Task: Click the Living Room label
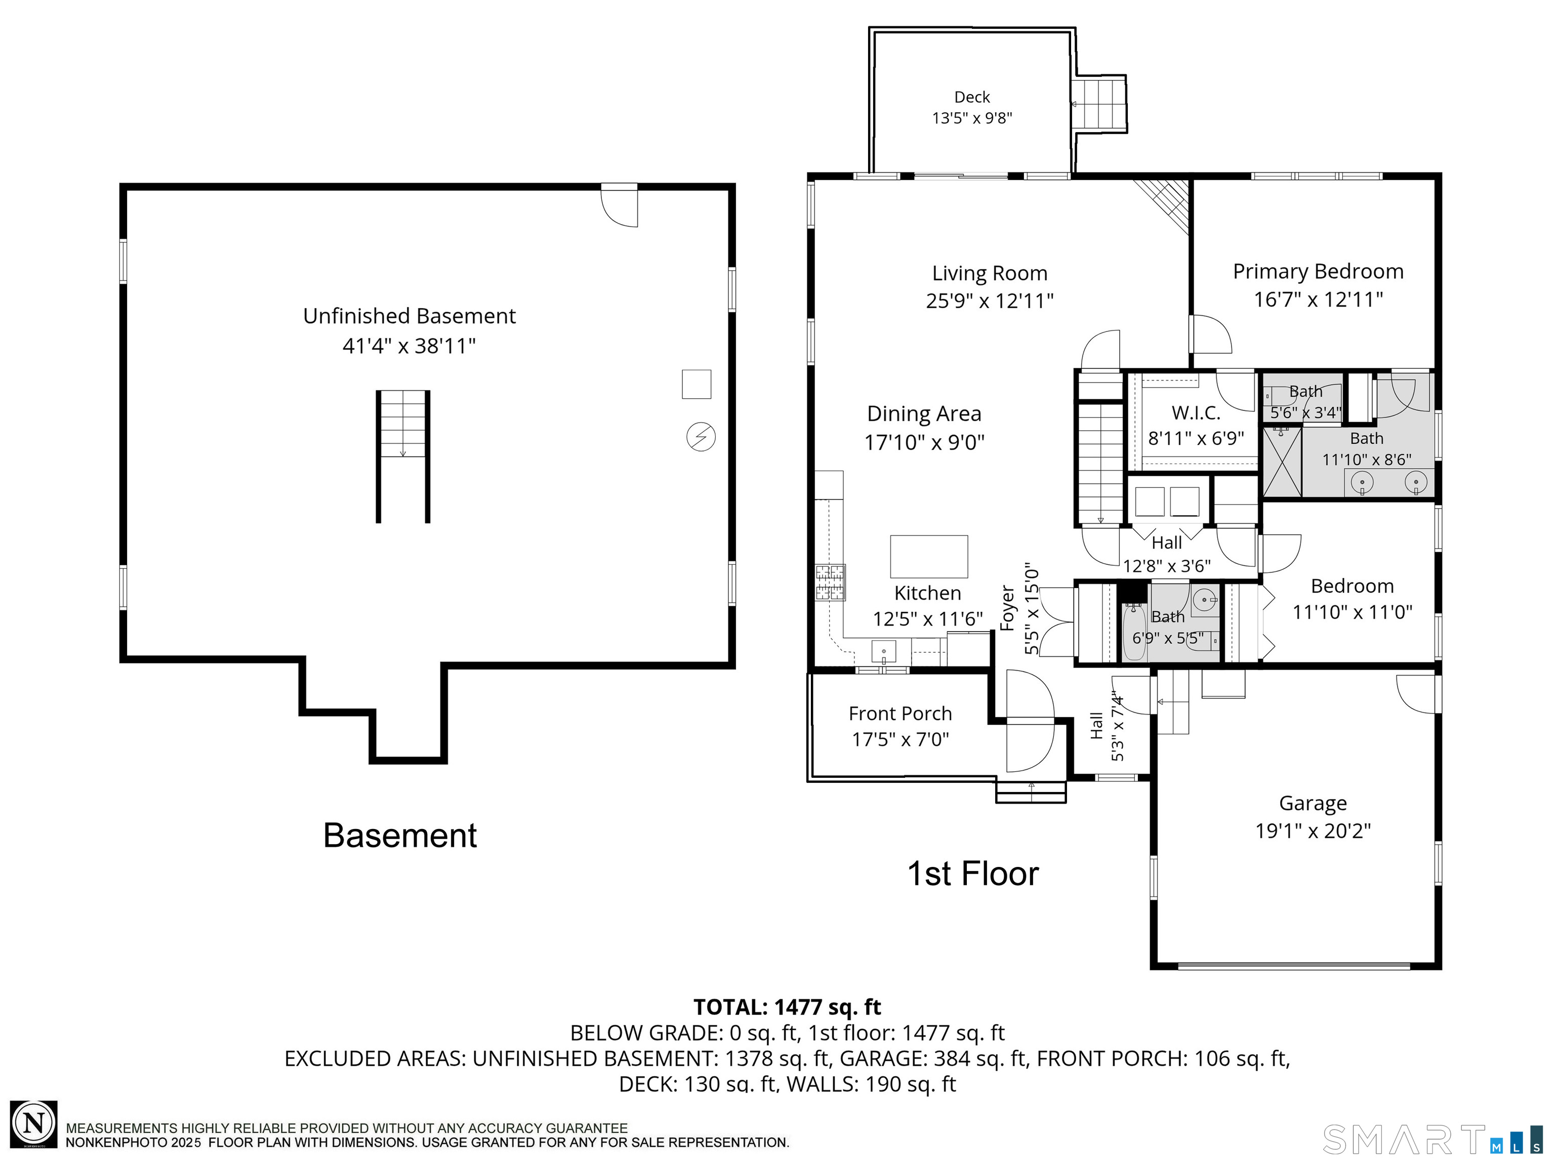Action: [x=989, y=273]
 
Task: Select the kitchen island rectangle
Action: [x=929, y=557]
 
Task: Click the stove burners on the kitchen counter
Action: [x=830, y=582]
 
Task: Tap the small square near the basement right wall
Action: [x=696, y=385]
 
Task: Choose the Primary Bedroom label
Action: [x=1318, y=271]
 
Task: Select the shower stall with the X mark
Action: [x=1282, y=463]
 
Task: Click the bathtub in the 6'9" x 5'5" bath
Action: [x=1133, y=632]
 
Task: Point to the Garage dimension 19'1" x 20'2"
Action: [x=1313, y=831]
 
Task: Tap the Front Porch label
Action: [x=900, y=714]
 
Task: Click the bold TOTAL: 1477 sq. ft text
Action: [x=787, y=1007]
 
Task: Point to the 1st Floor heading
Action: [x=972, y=873]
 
